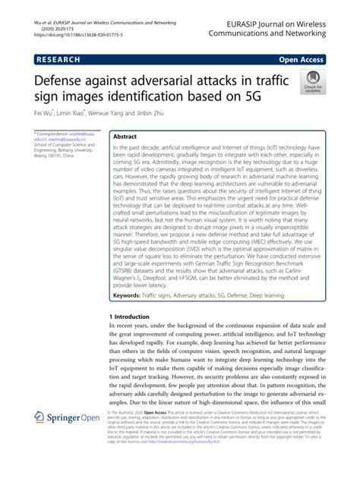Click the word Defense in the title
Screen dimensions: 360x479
click(x=67, y=79)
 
